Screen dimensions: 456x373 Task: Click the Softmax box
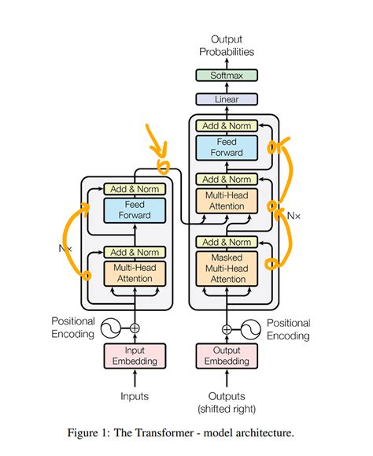point(227,76)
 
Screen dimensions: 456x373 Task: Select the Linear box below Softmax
point(227,99)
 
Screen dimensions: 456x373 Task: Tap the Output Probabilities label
point(227,45)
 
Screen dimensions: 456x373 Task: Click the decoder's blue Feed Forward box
point(227,147)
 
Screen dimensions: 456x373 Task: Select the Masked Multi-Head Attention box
point(227,269)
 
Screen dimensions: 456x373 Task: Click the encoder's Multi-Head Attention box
point(135,273)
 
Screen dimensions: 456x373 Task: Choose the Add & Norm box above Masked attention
point(227,242)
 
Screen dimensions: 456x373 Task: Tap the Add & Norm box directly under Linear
point(227,125)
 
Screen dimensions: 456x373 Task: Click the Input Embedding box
point(135,355)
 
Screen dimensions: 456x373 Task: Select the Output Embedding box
point(227,355)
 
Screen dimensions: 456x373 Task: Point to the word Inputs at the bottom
point(135,396)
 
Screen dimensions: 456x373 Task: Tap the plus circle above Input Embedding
point(135,328)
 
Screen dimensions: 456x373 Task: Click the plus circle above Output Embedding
point(227,328)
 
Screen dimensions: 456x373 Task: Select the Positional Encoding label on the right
point(288,328)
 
